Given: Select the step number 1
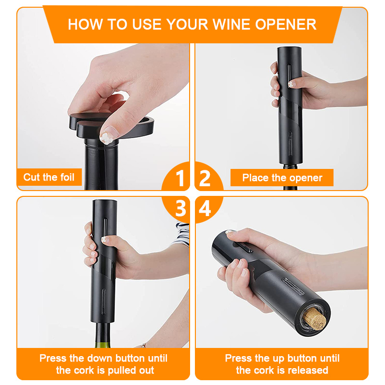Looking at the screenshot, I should (x=180, y=179).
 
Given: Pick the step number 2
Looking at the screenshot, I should (x=205, y=179).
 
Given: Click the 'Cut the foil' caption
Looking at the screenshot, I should (x=49, y=177).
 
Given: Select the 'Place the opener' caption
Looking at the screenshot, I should (x=282, y=178).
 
